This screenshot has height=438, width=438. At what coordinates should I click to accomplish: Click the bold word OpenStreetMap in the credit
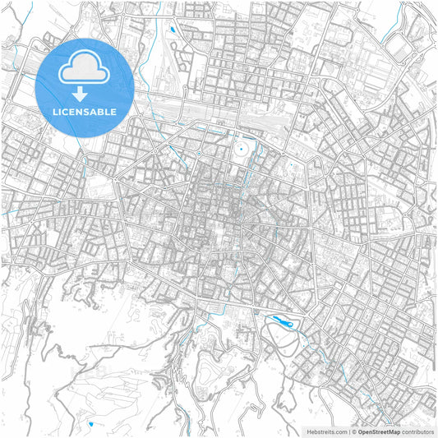tap(378, 431)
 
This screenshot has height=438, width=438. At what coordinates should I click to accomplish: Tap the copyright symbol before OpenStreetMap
tap(353, 431)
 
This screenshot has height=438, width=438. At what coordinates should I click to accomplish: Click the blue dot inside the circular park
tap(241, 150)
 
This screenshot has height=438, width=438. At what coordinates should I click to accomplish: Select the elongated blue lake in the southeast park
tap(283, 322)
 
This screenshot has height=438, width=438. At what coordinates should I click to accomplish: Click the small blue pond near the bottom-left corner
tap(90, 424)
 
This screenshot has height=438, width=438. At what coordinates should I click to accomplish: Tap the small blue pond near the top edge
tap(172, 30)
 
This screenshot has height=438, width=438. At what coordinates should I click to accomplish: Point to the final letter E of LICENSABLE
tap(113, 111)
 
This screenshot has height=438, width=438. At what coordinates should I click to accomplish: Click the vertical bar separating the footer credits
tap(348, 431)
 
